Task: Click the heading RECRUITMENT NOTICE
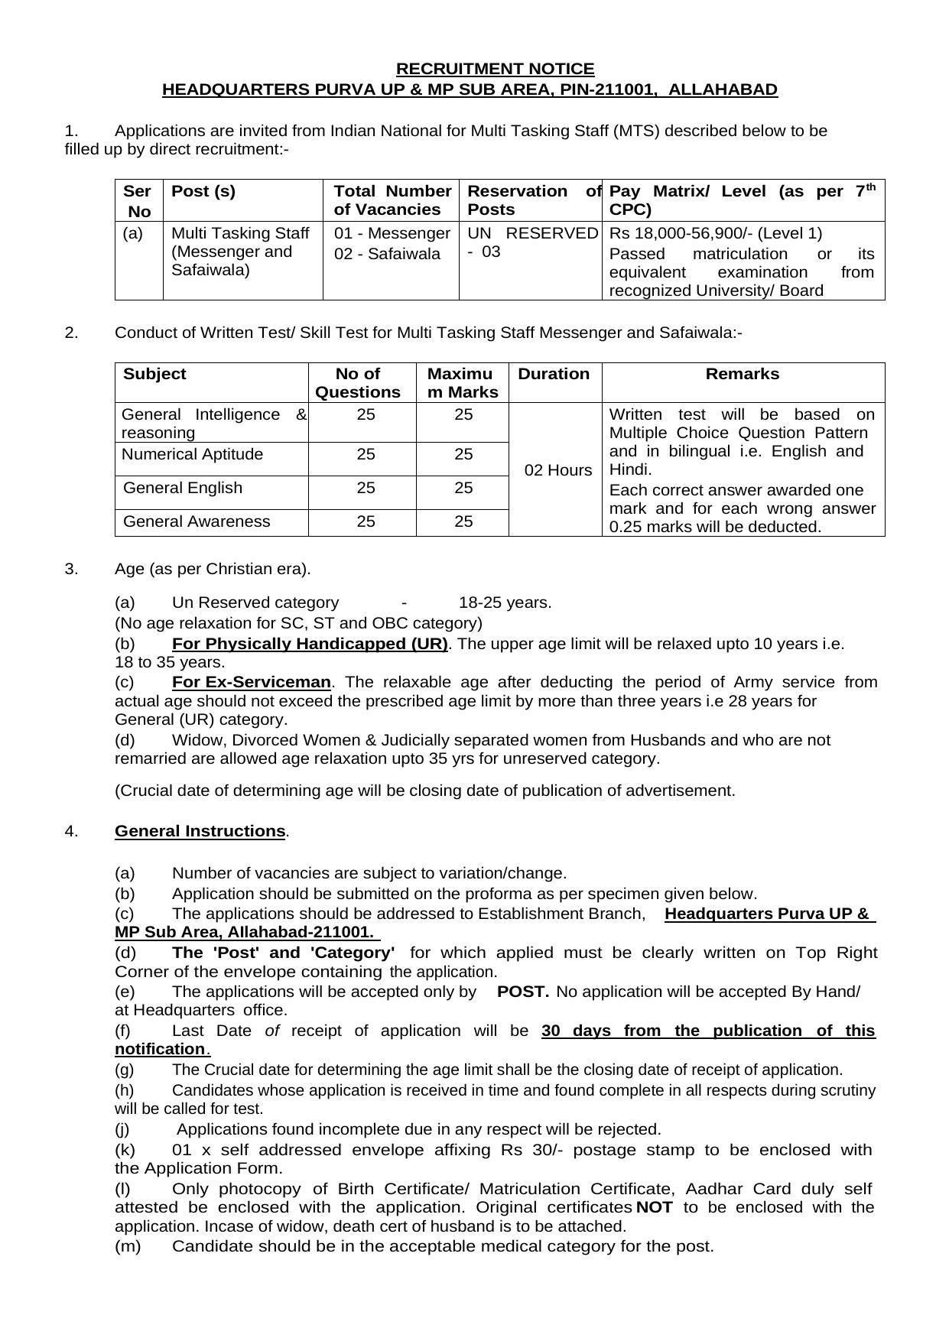(495, 69)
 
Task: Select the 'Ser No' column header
(138, 201)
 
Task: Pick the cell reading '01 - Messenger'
(392, 233)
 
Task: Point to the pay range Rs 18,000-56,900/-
(681, 233)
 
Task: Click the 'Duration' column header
(554, 374)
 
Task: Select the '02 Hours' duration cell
(558, 470)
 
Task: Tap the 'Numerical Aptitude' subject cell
(193, 454)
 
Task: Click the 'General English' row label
(183, 488)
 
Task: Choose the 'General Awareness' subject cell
(197, 521)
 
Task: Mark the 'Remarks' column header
(742, 374)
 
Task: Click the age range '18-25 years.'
(505, 602)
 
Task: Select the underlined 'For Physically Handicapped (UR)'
(310, 644)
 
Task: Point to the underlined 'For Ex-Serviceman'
(252, 682)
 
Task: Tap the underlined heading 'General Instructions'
(200, 831)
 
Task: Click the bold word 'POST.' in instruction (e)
(523, 992)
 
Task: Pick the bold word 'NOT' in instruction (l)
(654, 1207)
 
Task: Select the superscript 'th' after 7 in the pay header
(870, 187)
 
